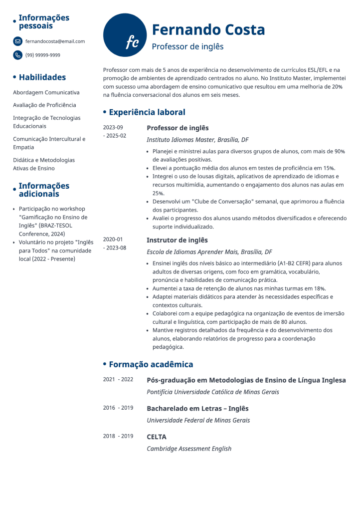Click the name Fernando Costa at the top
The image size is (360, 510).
(208, 29)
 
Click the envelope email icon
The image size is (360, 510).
(18, 41)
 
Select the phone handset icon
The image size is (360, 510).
(18, 55)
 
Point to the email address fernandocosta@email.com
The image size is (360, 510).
(55, 41)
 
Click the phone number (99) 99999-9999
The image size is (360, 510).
(43, 55)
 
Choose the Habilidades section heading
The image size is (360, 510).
(42, 77)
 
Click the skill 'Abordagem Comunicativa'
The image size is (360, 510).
(46, 92)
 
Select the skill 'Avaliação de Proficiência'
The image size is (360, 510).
(44, 105)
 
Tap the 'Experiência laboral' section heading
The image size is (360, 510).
(147, 112)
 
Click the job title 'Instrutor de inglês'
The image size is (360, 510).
(177, 240)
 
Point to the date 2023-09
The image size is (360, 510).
(113, 127)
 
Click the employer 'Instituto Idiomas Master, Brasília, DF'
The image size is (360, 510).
(197, 140)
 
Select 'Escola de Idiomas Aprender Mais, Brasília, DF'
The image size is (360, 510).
(209, 252)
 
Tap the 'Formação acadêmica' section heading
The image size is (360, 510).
(151, 365)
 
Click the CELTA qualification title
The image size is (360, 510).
(156, 437)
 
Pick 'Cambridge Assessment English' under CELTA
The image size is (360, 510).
(189, 449)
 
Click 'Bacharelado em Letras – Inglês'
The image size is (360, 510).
(197, 408)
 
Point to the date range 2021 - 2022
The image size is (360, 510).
(118, 379)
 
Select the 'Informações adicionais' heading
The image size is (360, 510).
(44, 190)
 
